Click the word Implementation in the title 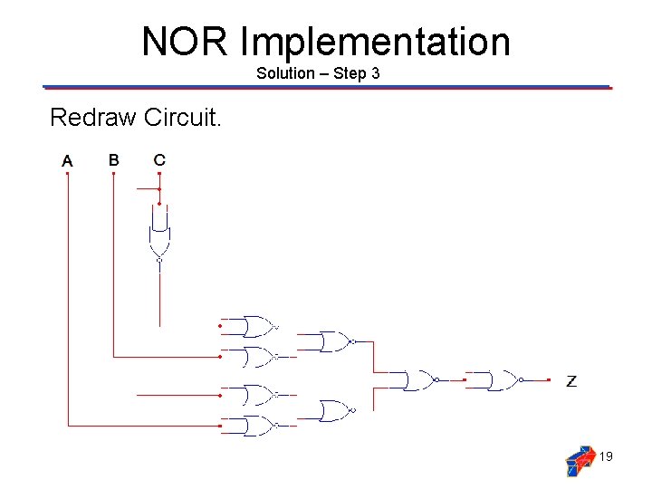376,43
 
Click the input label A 67,161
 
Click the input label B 113,160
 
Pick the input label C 159,160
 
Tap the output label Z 571,381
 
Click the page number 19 606,457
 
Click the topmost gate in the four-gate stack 258,327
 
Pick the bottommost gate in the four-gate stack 258,426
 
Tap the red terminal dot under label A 67,175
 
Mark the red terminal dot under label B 113,174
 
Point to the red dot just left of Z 549,380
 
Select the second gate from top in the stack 258,357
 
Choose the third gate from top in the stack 258,395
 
